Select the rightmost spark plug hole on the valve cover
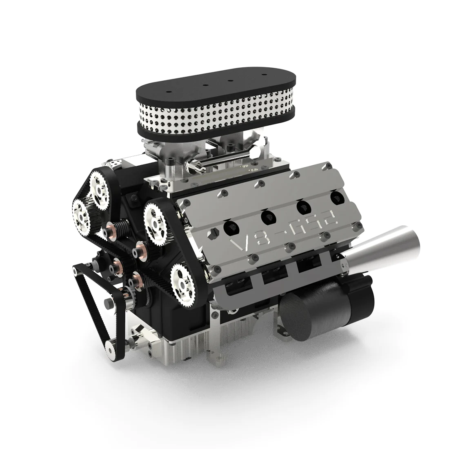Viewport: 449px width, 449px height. pos(336,199)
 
